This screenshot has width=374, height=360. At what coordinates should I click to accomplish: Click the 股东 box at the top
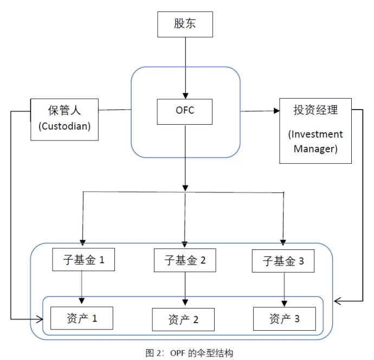point(185,24)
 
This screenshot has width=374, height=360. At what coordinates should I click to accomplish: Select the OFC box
point(185,111)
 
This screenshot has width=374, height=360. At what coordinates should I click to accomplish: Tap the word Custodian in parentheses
point(65,126)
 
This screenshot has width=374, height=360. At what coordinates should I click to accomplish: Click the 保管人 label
point(65,110)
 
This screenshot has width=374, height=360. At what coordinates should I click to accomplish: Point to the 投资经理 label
point(315,110)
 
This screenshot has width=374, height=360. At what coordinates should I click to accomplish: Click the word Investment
point(315,134)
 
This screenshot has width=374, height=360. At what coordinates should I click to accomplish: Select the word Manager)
point(315,149)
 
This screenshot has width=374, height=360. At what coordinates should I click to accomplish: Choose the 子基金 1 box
point(82,260)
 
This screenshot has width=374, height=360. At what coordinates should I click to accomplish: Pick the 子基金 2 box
point(185,261)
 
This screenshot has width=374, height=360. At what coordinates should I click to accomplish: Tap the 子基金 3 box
point(283,261)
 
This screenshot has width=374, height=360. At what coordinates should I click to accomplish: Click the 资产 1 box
point(82,318)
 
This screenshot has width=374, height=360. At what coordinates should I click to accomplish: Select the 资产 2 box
point(183,319)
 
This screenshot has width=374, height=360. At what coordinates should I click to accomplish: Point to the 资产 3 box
point(284,319)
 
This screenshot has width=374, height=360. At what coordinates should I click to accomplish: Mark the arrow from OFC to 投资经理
point(259,111)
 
